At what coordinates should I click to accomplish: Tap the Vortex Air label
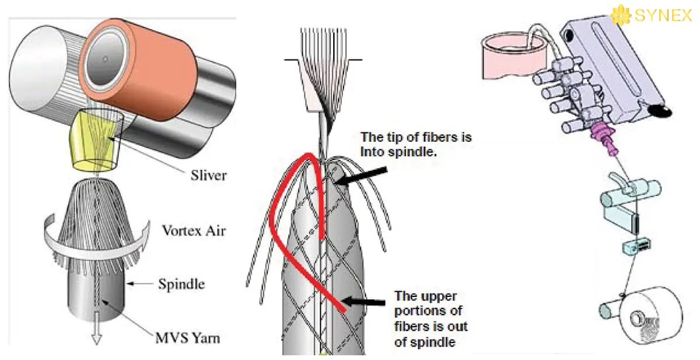[192, 231]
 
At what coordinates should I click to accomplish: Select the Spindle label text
[181, 285]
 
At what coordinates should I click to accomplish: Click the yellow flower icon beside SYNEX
[621, 15]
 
